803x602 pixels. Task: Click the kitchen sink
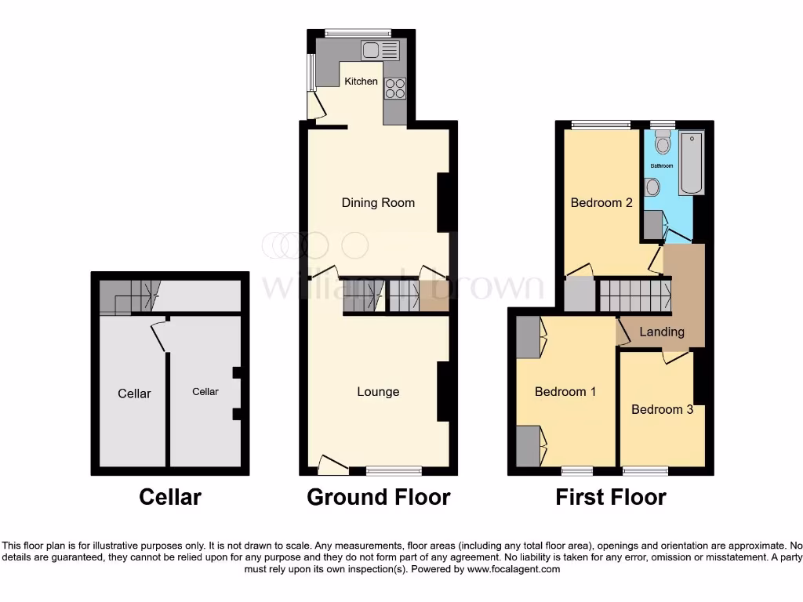point(380,51)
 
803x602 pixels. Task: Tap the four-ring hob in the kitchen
point(394,89)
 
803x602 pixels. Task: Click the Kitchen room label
point(362,82)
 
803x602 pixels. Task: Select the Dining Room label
point(378,203)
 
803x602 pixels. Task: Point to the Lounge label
point(378,392)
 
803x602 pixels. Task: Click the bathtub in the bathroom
point(692,164)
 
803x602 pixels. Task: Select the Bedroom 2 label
point(601,203)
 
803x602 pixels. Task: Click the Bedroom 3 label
point(662,409)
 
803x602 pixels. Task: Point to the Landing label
point(662,332)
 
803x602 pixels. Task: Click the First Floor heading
point(611,497)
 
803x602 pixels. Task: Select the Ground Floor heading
point(378,497)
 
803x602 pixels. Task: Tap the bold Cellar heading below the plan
point(170,497)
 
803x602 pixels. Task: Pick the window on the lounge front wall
point(394,470)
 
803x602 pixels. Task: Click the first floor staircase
point(634,296)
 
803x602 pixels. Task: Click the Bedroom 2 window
point(601,124)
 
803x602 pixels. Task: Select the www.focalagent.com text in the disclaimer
point(513,570)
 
